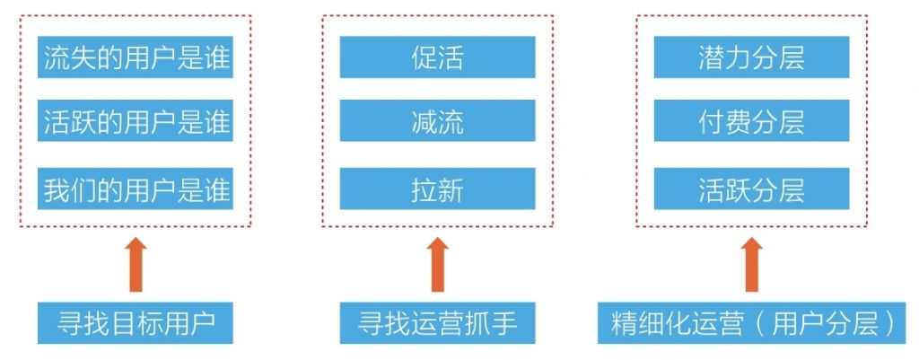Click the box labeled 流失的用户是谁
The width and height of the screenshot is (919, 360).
coord(136,57)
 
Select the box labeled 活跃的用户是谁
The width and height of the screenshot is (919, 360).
coord(136,121)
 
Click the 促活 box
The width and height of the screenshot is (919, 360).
coord(437,57)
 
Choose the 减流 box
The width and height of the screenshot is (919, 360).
coord(437,121)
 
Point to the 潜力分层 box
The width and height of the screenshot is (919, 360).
coord(751,57)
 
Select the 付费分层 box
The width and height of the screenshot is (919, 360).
coord(751,121)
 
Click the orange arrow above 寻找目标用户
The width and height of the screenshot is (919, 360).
coord(136,264)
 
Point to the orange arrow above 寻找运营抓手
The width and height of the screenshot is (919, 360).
coord(438,264)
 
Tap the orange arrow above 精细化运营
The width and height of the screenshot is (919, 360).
coord(752,264)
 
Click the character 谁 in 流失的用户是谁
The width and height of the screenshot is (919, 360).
coord(217,58)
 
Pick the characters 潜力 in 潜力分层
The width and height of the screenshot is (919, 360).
coord(724,57)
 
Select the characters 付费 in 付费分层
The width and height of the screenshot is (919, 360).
coord(724,121)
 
